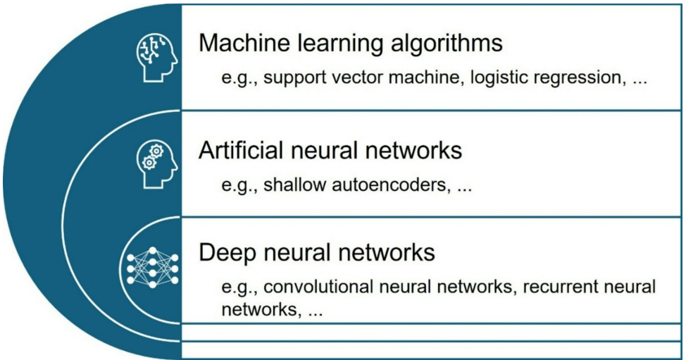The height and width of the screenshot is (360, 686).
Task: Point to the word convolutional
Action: pos(318,288)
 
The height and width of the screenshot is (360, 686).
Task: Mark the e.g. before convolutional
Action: pos(238,288)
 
